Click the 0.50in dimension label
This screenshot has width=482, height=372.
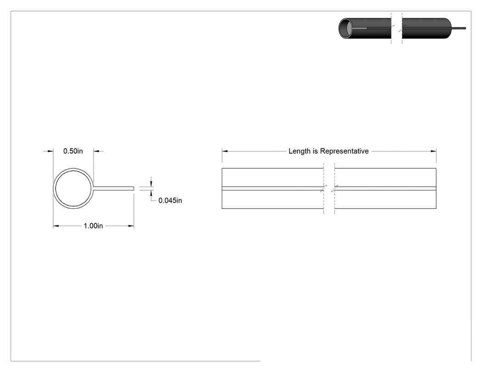coord(73,151)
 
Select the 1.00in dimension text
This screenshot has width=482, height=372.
coord(93,226)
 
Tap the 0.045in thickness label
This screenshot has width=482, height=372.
coord(170,200)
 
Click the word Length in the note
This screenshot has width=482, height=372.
coord(299,151)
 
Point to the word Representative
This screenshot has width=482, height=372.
coord(344,151)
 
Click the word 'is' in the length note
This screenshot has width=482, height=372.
coord(315,151)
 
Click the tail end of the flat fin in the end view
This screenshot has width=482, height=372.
coord(134,189)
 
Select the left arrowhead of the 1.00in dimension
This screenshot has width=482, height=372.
coord(56,226)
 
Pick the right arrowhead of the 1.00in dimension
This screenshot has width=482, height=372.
coord(131,226)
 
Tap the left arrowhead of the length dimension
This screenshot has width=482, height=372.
coord(225,151)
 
